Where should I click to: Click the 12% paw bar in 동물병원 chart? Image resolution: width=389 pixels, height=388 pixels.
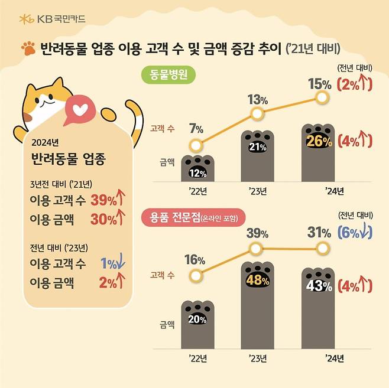pos(197,170)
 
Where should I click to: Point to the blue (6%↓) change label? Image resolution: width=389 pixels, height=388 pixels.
pos(355,233)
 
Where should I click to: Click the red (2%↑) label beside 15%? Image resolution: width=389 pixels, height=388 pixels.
pos(355,84)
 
